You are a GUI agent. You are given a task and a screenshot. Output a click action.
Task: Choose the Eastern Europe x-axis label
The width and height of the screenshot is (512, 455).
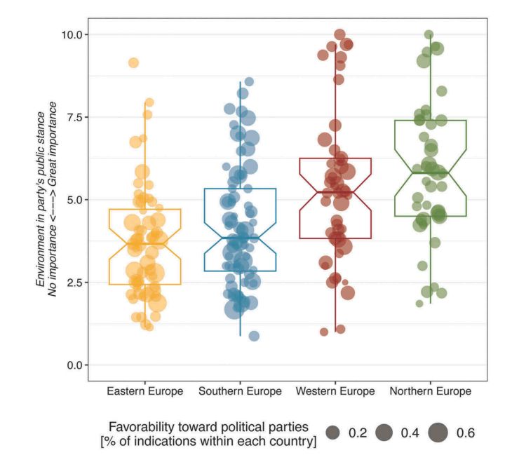click(144, 391)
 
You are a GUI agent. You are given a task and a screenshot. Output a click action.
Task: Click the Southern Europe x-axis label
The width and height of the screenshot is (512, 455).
click(240, 391)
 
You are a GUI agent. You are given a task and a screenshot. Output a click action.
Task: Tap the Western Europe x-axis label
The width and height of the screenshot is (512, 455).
click(335, 391)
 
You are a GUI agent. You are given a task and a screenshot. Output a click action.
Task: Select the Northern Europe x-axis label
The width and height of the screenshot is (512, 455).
click(430, 391)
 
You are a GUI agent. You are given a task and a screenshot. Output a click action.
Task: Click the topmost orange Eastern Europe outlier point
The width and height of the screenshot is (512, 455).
click(133, 62)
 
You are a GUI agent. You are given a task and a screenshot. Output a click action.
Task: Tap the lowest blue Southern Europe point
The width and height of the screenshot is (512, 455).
click(254, 336)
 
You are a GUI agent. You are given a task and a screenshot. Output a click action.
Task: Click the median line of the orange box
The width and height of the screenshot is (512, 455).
click(144, 243)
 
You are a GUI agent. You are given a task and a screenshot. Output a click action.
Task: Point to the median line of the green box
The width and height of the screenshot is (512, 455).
click(430, 172)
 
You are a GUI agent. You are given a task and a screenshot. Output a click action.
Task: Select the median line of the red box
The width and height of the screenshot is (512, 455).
click(335, 191)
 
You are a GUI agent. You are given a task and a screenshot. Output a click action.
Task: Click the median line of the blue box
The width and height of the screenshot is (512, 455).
click(240, 237)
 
